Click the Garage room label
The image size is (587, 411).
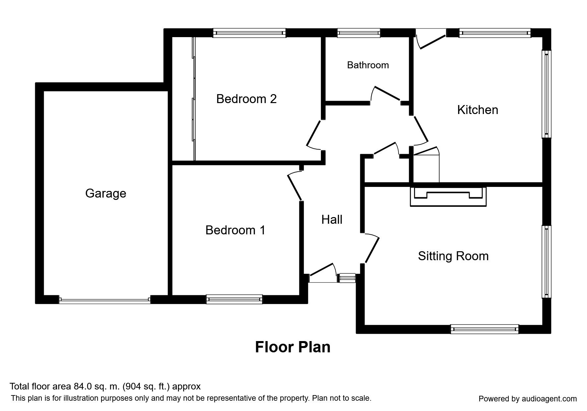106,193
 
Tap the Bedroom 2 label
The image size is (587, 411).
246,99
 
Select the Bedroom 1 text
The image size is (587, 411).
235,230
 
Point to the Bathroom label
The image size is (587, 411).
368,65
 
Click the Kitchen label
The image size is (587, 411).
478,110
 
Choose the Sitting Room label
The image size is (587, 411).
453,256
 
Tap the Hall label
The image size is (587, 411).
332,219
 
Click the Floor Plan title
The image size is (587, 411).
293,347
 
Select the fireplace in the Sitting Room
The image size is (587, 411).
448,196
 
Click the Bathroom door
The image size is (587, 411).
386,94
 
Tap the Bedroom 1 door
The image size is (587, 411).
295,187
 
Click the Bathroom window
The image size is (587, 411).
359,33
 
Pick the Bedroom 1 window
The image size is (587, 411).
234,299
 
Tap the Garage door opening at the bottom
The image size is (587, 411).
104,300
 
